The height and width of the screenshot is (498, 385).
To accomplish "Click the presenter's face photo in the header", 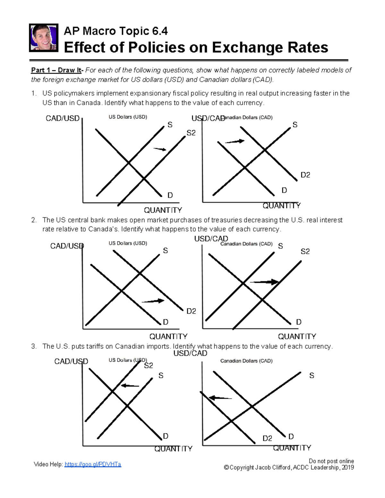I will point(44,38).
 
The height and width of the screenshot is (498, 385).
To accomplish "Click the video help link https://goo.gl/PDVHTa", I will point(93,464).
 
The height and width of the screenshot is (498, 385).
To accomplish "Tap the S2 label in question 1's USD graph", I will point(191,133).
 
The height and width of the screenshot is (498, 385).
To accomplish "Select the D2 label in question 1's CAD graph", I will point(305,175).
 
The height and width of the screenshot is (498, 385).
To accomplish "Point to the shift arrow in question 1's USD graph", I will point(160,149).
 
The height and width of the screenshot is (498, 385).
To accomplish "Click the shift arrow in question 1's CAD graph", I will point(235,141).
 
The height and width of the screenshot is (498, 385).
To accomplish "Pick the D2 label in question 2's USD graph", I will point(191,311).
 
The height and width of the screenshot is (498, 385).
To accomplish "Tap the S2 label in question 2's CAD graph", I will point(305,251).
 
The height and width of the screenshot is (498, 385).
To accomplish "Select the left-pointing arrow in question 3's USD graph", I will point(130,385).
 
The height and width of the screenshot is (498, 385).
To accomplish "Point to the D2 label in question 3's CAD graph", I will point(267,438).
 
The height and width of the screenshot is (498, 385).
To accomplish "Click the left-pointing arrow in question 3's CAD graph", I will point(220,398).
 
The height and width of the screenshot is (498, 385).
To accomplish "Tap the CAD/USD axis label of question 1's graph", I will point(63,118).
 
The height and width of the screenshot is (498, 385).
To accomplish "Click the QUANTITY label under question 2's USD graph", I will point(168,336).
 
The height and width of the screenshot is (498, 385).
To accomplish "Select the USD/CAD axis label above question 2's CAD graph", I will point(211,239).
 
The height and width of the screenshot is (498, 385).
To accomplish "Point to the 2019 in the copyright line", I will point(348,468).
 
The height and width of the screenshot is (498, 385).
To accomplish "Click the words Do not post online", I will point(331,461).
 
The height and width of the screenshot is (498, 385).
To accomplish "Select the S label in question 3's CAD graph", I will point(312,376).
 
